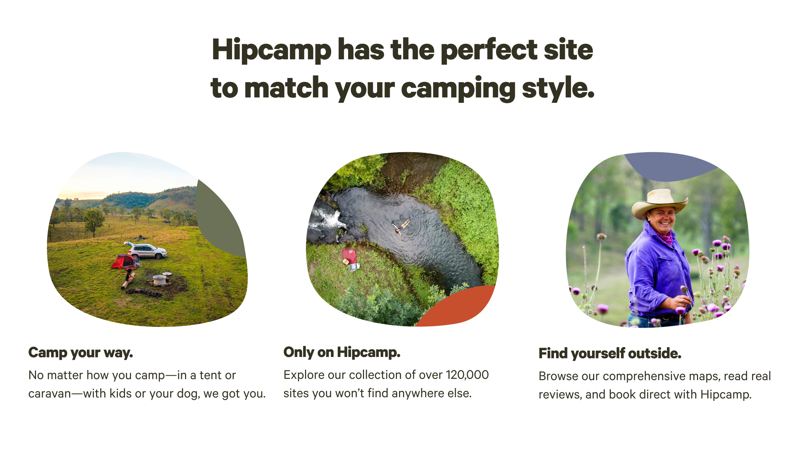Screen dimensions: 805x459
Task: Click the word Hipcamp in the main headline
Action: click(x=272, y=50)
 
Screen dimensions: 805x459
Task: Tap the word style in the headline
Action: click(x=558, y=88)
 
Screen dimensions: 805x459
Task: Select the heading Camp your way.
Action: click(x=80, y=353)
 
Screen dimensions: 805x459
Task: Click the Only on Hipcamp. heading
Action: click(x=342, y=352)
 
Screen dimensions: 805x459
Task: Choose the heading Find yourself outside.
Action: click(x=610, y=353)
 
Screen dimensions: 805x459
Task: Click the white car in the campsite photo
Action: click(x=147, y=251)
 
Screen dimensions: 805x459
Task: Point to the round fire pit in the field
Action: click(x=160, y=280)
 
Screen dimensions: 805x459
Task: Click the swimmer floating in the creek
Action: click(x=401, y=226)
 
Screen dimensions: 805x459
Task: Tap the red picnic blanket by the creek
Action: click(x=348, y=256)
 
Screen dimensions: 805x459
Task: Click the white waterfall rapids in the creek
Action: click(x=328, y=217)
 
